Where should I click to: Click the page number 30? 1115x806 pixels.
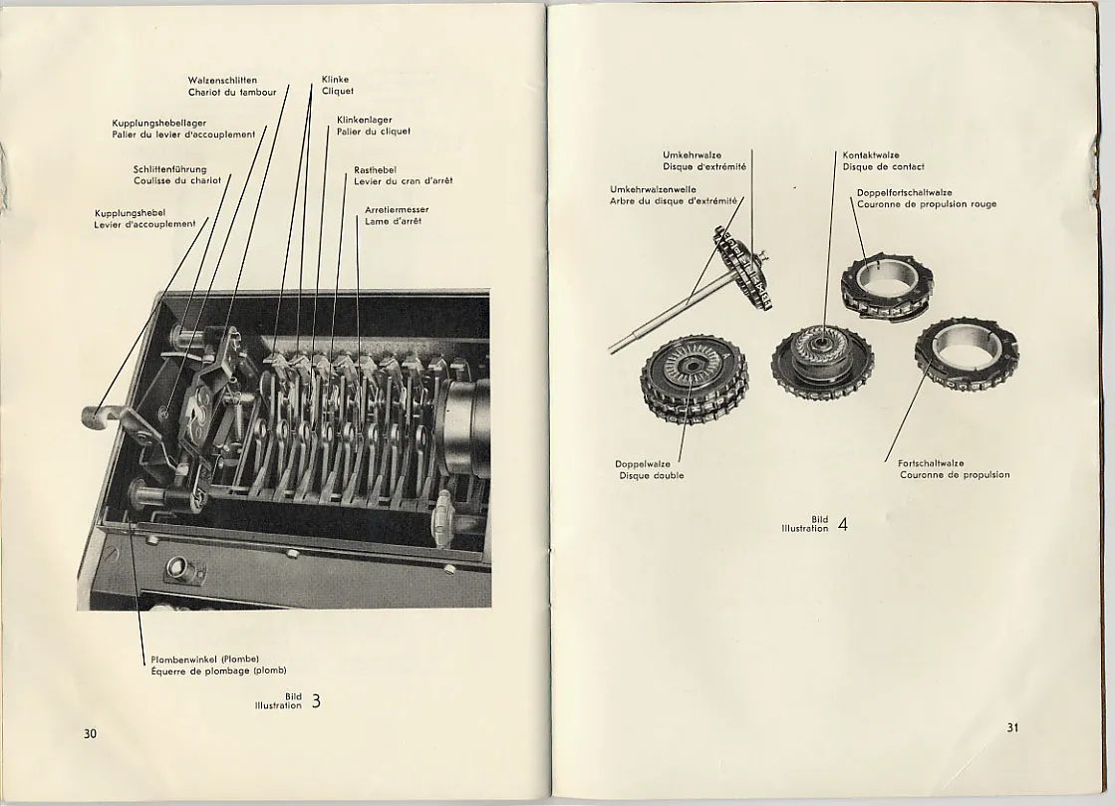point(90,733)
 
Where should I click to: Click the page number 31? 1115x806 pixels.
point(1012,727)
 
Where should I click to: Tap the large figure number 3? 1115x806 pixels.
point(317,700)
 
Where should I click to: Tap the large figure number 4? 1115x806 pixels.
point(843,525)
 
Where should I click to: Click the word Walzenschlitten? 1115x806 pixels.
point(222,81)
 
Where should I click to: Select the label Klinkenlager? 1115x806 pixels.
point(364,121)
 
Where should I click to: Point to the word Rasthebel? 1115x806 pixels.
point(375,170)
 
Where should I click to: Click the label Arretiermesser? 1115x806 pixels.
point(397,209)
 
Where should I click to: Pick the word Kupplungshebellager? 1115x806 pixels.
point(159,123)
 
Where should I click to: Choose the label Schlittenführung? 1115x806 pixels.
point(170,169)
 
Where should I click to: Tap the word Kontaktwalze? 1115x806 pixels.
point(871,155)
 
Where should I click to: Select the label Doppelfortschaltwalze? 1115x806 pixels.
point(905,192)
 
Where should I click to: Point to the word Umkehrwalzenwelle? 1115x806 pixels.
point(653,189)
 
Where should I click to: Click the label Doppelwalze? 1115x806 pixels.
point(643,464)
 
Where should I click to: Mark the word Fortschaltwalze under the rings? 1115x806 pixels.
point(931,463)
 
